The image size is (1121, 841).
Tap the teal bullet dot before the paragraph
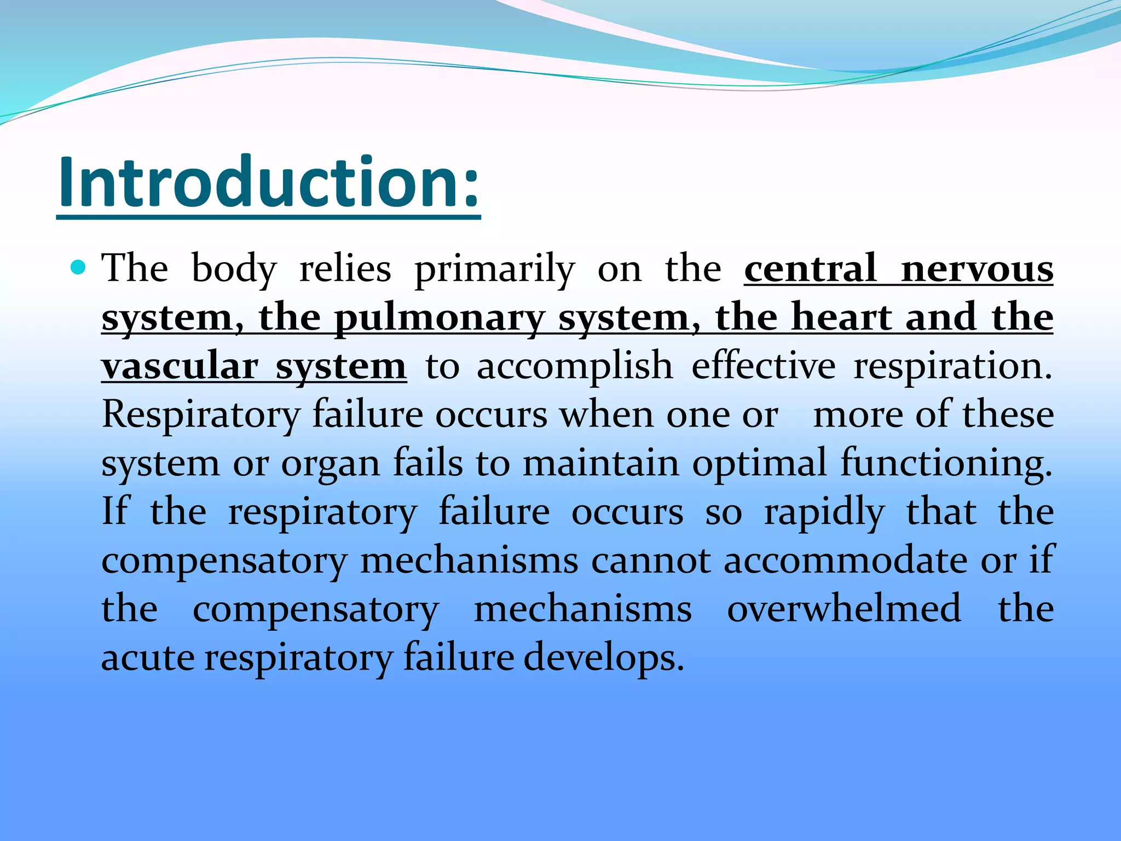(x=78, y=268)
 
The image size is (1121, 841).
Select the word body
(x=234, y=269)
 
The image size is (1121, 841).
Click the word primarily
(x=494, y=269)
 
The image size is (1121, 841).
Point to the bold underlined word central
(x=810, y=269)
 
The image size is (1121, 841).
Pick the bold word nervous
(x=977, y=269)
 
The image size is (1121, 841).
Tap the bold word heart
(x=842, y=318)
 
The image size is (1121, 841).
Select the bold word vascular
(x=180, y=366)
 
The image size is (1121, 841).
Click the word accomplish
(x=574, y=366)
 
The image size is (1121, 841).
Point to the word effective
(x=764, y=366)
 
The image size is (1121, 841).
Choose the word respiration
(x=952, y=366)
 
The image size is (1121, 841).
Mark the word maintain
(x=600, y=463)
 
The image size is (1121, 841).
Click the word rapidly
(x=824, y=512)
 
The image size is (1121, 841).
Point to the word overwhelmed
(x=843, y=609)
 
